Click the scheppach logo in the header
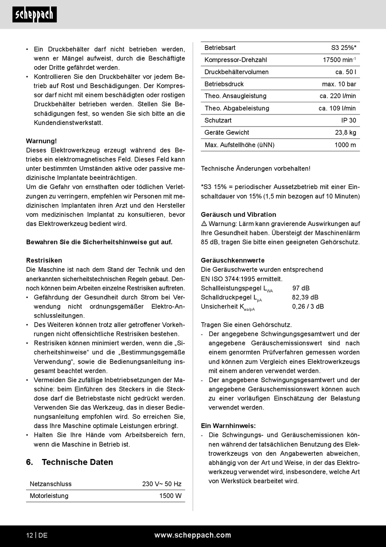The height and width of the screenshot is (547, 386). point(35,15)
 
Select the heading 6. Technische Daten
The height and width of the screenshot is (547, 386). point(69,462)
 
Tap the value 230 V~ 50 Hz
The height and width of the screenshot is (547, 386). point(162,484)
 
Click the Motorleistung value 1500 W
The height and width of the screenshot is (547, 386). point(170,496)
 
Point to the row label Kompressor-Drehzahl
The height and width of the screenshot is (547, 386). point(236,60)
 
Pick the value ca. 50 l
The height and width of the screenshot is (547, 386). point(345,72)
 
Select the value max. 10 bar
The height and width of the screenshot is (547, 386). point(339,84)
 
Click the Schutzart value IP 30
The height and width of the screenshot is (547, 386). point(348,120)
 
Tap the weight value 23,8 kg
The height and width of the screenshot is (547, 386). point(345,132)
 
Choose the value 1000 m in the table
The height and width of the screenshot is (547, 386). point(345,144)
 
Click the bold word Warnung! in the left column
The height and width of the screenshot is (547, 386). point(41,141)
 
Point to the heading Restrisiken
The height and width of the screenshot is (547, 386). point(44,260)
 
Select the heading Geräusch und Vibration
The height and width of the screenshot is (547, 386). point(239,214)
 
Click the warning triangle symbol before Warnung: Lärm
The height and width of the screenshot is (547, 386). point(204,224)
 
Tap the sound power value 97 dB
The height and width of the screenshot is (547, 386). point(301,288)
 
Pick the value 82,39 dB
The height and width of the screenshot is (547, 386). point(305,297)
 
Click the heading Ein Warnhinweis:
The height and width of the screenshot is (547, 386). point(228,426)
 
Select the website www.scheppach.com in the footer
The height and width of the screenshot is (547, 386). point(193,535)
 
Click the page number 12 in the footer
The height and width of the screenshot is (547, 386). point(30,535)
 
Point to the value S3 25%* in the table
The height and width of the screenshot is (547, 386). point(344,47)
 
